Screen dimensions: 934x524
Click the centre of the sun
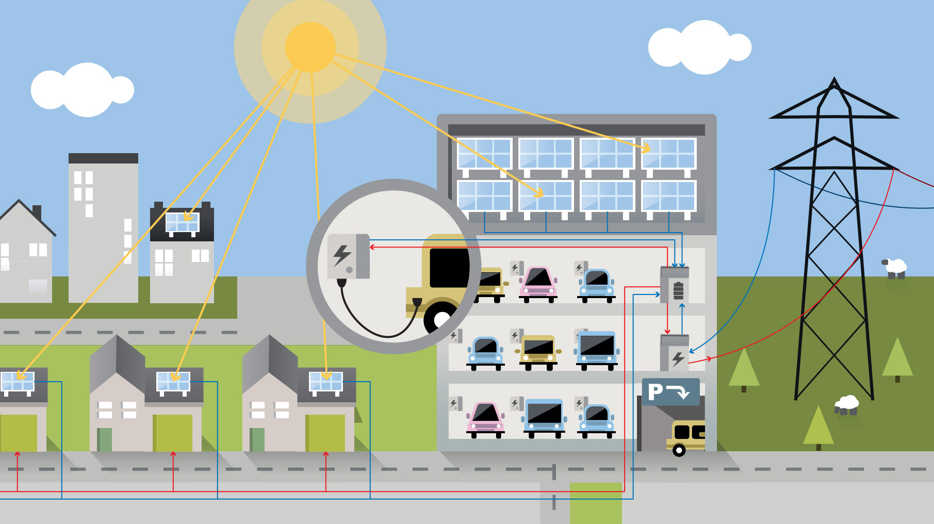pyautogui.click(x=310, y=47)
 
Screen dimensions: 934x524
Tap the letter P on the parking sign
pyautogui.click(x=655, y=392)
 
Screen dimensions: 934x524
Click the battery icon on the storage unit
pyautogui.click(x=678, y=291)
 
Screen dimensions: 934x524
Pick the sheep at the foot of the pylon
pyautogui.click(x=846, y=405)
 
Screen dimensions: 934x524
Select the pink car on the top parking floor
pyautogui.click(x=538, y=284)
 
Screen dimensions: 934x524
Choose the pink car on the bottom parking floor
pyautogui.click(x=485, y=420)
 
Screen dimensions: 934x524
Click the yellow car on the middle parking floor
pyautogui.click(x=538, y=352)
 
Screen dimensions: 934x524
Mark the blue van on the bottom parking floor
pyautogui.click(x=544, y=418)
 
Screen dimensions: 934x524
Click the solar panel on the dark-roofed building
pyautogui.click(x=182, y=224)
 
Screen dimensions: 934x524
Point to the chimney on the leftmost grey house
pyautogui.click(x=37, y=212)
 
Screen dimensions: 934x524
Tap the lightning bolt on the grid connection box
pyautogui.click(x=678, y=358)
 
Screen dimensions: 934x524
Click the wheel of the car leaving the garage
pyautogui.click(x=679, y=451)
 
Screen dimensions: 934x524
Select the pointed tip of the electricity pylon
pyautogui.click(x=834, y=78)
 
